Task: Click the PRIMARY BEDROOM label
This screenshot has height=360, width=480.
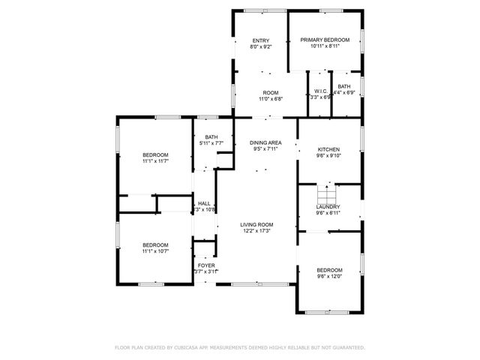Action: tap(325, 40)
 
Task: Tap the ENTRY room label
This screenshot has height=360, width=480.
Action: tap(260, 40)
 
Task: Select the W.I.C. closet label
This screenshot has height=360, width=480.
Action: tap(320, 91)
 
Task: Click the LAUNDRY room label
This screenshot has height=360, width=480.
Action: tap(328, 207)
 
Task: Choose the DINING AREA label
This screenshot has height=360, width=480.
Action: tap(265, 142)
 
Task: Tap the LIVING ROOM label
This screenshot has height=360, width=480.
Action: tap(256, 224)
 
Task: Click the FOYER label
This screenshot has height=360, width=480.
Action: tap(205, 265)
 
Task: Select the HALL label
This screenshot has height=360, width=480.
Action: tap(204, 203)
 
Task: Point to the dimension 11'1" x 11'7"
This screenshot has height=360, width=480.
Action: tap(155, 160)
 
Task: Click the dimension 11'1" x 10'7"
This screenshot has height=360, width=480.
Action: tap(155, 251)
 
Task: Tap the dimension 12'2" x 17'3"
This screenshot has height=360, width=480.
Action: tap(256, 231)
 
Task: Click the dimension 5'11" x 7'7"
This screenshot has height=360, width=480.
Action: tap(211, 143)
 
